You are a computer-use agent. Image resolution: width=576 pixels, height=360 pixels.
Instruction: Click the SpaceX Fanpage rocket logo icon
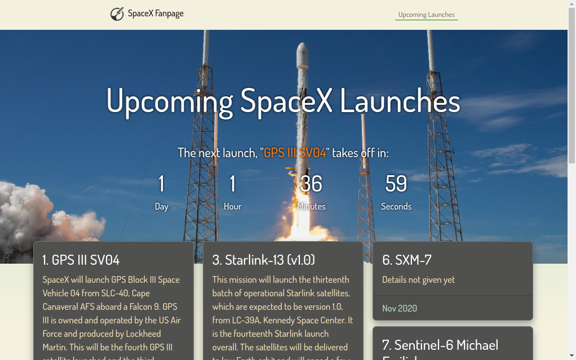pos(117,14)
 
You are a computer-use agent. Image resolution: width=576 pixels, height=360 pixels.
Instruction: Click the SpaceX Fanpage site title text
pos(156,14)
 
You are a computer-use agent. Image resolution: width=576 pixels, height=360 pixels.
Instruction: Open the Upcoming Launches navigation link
pos(426,15)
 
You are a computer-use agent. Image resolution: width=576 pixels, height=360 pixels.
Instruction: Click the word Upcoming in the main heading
pos(169,101)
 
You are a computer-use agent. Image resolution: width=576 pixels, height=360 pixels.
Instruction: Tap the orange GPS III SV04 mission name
pos(295,153)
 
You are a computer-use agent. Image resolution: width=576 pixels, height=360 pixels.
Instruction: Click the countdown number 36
pos(311,184)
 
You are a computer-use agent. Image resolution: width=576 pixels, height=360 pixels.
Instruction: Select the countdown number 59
pos(396,184)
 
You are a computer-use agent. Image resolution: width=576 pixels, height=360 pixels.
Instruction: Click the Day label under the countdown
pos(162,207)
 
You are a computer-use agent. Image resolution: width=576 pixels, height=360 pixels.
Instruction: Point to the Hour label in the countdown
pos(232,207)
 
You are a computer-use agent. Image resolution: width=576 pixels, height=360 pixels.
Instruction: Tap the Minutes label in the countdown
pos(311,207)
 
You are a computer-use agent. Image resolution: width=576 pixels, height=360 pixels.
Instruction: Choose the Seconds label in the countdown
pos(396,207)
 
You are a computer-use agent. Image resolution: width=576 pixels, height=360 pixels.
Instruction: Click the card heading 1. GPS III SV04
pos(81,260)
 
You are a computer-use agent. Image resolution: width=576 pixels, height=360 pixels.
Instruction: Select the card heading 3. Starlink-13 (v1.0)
pos(263,260)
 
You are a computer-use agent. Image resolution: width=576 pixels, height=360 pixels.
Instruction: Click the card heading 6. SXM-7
pos(407,260)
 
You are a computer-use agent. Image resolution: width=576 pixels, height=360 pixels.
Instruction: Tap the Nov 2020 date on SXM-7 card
pos(400,308)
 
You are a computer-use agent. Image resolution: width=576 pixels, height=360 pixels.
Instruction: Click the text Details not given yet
pos(418,280)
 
